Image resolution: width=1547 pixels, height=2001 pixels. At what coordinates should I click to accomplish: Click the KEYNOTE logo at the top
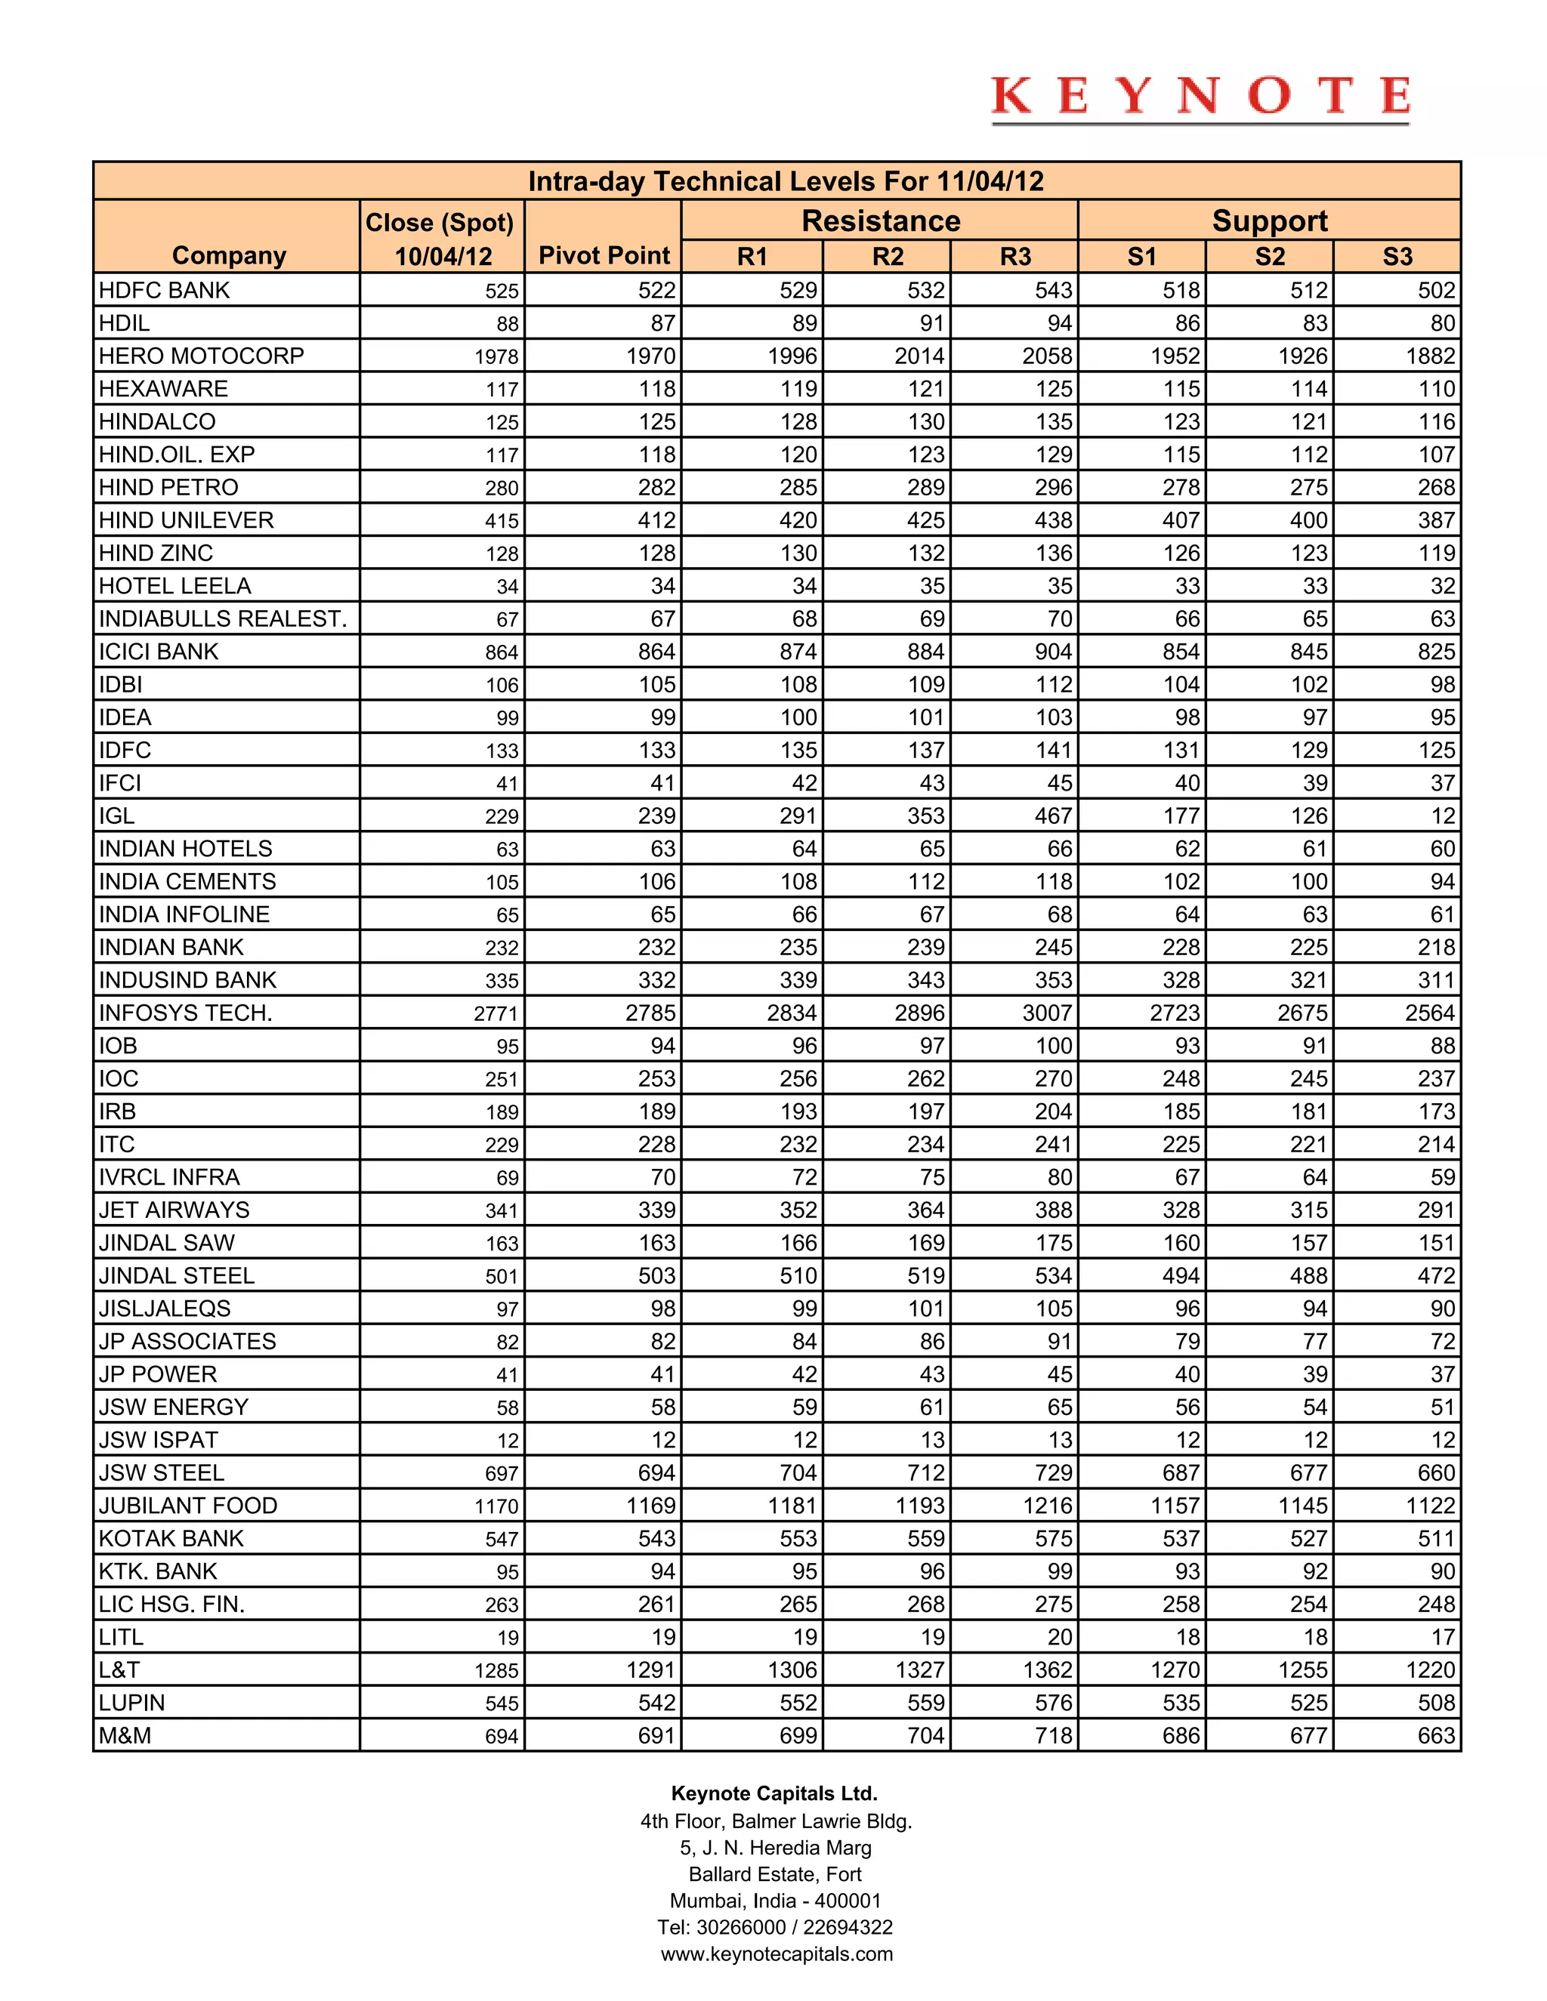1200,97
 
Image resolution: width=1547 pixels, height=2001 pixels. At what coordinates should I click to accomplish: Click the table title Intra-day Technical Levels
786,181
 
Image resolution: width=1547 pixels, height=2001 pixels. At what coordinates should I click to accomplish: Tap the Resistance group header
880,220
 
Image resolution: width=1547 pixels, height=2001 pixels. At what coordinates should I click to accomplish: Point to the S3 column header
1397,257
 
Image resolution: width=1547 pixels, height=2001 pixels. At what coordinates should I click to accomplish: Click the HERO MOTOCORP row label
202,356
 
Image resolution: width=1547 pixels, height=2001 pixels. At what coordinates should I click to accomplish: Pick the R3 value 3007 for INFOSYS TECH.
1047,1013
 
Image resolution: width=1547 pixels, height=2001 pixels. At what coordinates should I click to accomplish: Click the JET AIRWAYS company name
174,1210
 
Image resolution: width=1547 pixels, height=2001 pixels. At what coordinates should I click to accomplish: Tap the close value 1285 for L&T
496,1670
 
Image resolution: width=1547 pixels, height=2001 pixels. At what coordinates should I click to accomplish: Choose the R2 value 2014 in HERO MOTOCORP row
919,356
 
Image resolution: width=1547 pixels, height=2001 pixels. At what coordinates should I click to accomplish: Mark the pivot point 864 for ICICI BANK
656,652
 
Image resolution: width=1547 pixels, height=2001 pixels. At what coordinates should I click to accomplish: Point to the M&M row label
125,1735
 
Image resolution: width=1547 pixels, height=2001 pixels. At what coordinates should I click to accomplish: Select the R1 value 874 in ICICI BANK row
798,652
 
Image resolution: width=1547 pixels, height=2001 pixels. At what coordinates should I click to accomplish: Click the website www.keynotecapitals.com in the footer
777,1953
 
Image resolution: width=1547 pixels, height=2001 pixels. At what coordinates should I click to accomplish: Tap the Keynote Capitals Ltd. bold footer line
774,1793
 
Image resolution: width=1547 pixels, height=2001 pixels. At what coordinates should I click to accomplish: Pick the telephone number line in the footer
774,1927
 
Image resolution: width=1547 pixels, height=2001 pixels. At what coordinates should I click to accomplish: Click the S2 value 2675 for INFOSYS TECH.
1302,1013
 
